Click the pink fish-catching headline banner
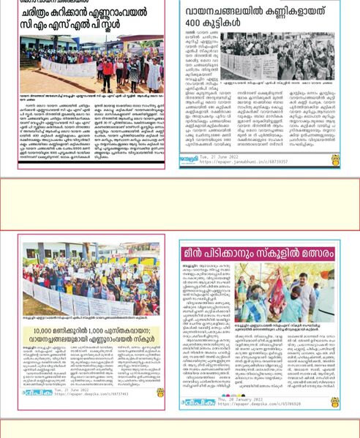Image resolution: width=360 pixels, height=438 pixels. (x=260, y=252)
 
